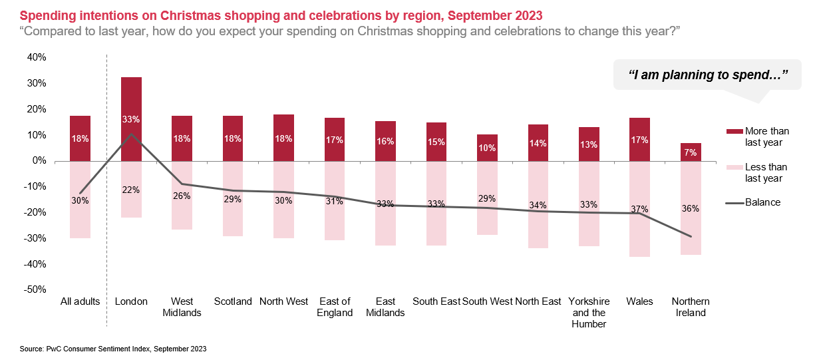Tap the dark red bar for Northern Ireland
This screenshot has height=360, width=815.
(691, 152)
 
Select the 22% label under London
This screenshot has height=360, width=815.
(131, 190)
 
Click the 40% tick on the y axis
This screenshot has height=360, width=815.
(36, 57)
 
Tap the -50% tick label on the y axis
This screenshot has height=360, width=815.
(35, 289)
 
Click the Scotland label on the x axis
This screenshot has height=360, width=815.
(233, 301)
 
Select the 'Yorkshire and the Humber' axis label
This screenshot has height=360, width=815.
(589, 313)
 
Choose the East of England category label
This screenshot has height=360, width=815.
(335, 307)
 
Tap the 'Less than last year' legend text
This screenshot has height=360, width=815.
(766, 172)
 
